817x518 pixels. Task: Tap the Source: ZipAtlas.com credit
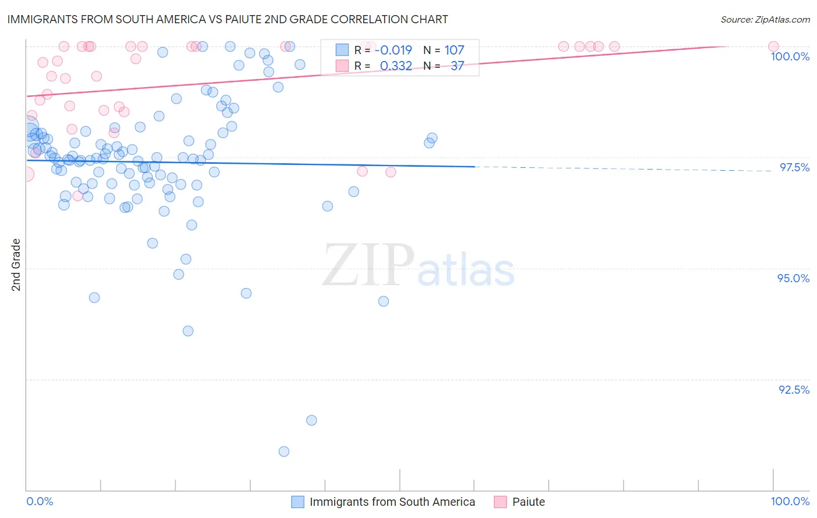[x=765, y=19]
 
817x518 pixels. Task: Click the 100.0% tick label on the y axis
[x=790, y=56]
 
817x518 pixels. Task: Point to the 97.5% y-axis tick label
[x=794, y=167]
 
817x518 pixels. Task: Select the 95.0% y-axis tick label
[x=793, y=278]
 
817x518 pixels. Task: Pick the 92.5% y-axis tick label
[x=794, y=390]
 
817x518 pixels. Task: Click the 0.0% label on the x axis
[x=40, y=501]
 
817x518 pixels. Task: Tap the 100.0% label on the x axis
[x=790, y=501]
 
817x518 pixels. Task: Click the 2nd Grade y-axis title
[x=16, y=264]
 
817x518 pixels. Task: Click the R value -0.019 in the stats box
[x=393, y=50]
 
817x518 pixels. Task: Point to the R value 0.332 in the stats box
[x=396, y=66]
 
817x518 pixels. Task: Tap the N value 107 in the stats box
[x=454, y=50]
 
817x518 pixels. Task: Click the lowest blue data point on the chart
[x=284, y=451]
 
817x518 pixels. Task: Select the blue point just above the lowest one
[x=311, y=420]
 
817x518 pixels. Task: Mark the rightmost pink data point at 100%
[x=773, y=46]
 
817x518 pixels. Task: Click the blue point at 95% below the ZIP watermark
[x=384, y=301]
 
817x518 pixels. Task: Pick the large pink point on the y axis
[x=26, y=174]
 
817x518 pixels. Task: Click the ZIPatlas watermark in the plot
[x=418, y=266]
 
